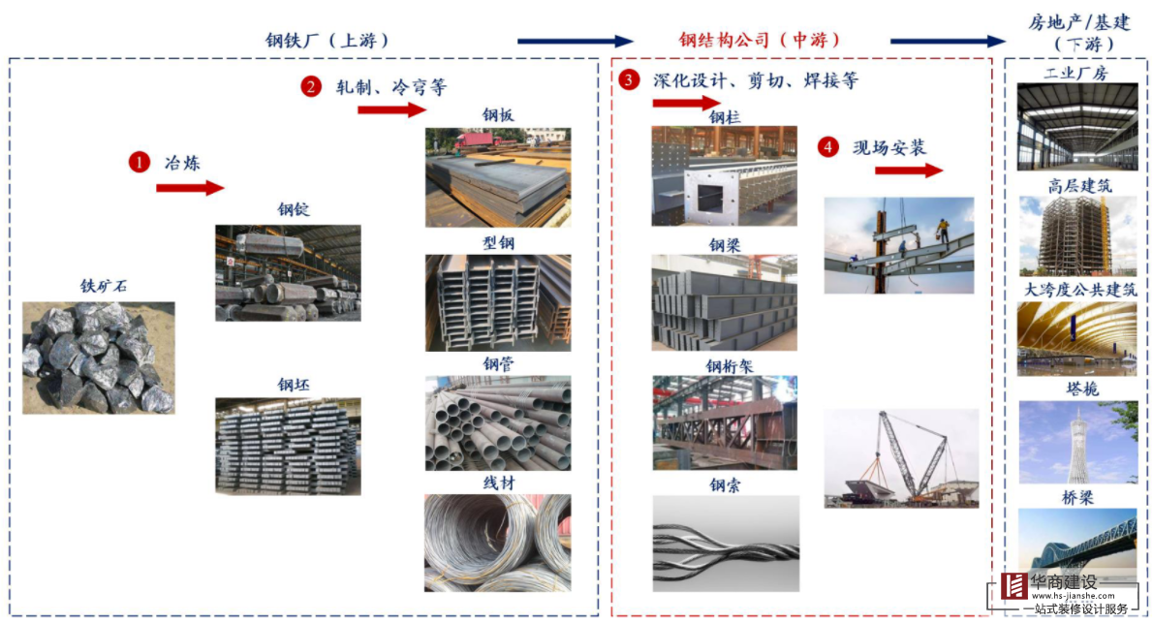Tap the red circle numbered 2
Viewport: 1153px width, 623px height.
click(311, 86)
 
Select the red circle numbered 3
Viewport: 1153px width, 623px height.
click(630, 80)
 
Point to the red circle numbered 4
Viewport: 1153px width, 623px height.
click(827, 147)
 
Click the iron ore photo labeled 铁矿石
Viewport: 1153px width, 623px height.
click(99, 358)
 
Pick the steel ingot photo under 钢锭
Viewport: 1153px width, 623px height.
click(288, 272)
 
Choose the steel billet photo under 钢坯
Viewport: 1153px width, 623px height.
click(288, 446)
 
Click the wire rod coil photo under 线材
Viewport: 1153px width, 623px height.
click(498, 543)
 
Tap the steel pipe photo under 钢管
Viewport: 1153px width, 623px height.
click(498, 423)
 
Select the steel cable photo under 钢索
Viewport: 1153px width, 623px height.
click(726, 544)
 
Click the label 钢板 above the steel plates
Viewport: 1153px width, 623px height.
click(498, 116)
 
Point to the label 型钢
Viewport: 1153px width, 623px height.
click(498, 242)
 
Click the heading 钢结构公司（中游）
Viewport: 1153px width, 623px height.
click(760, 40)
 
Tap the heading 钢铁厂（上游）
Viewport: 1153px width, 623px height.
click(327, 40)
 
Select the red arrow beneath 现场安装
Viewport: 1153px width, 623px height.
click(908, 171)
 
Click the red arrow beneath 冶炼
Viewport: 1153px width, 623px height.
click(189, 188)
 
